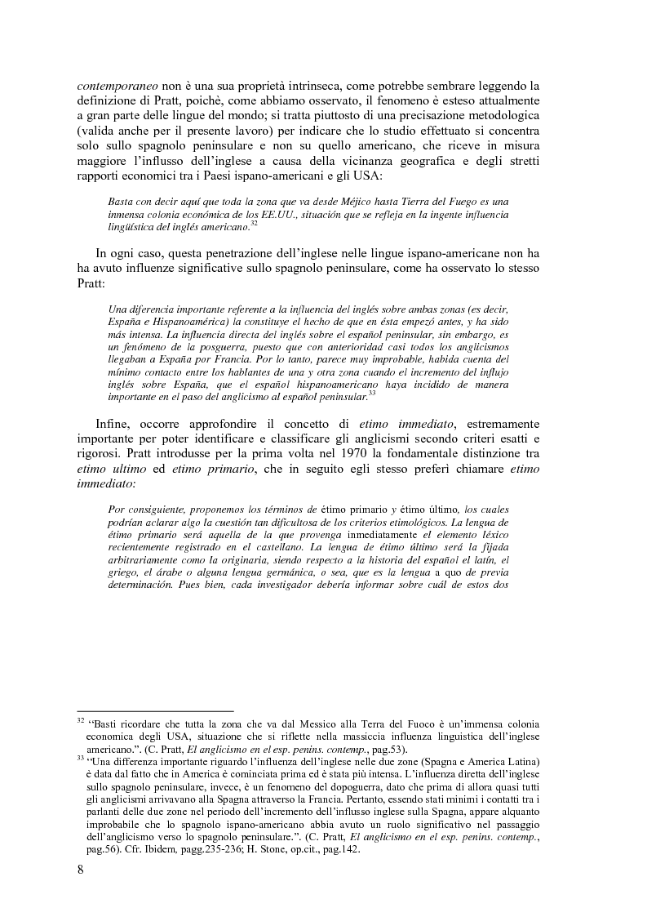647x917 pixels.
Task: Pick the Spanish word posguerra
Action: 222,348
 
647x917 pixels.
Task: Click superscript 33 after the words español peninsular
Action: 372,394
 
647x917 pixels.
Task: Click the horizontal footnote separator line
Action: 155,711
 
